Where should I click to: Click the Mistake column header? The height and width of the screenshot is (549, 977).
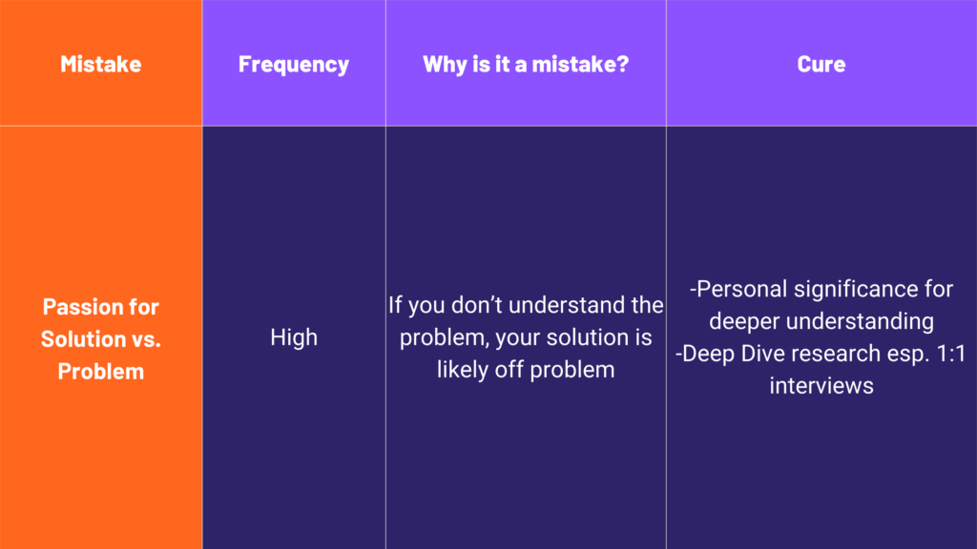pos(101,64)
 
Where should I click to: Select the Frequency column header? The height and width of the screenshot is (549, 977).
pos(294,65)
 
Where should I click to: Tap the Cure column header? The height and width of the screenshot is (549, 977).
pos(821,64)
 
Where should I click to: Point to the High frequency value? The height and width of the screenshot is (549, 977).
pos(294,337)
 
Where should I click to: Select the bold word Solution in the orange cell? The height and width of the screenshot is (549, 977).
pos(84,338)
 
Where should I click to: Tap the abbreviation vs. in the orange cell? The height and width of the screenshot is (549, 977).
pos(146,340)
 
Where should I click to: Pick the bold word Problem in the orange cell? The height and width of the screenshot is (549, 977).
pos(101,372)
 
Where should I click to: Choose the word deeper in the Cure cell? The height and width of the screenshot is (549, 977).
pos(744,322)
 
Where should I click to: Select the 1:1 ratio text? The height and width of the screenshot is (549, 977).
pos(951,354)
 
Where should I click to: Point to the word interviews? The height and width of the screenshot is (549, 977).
pos(821,386)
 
